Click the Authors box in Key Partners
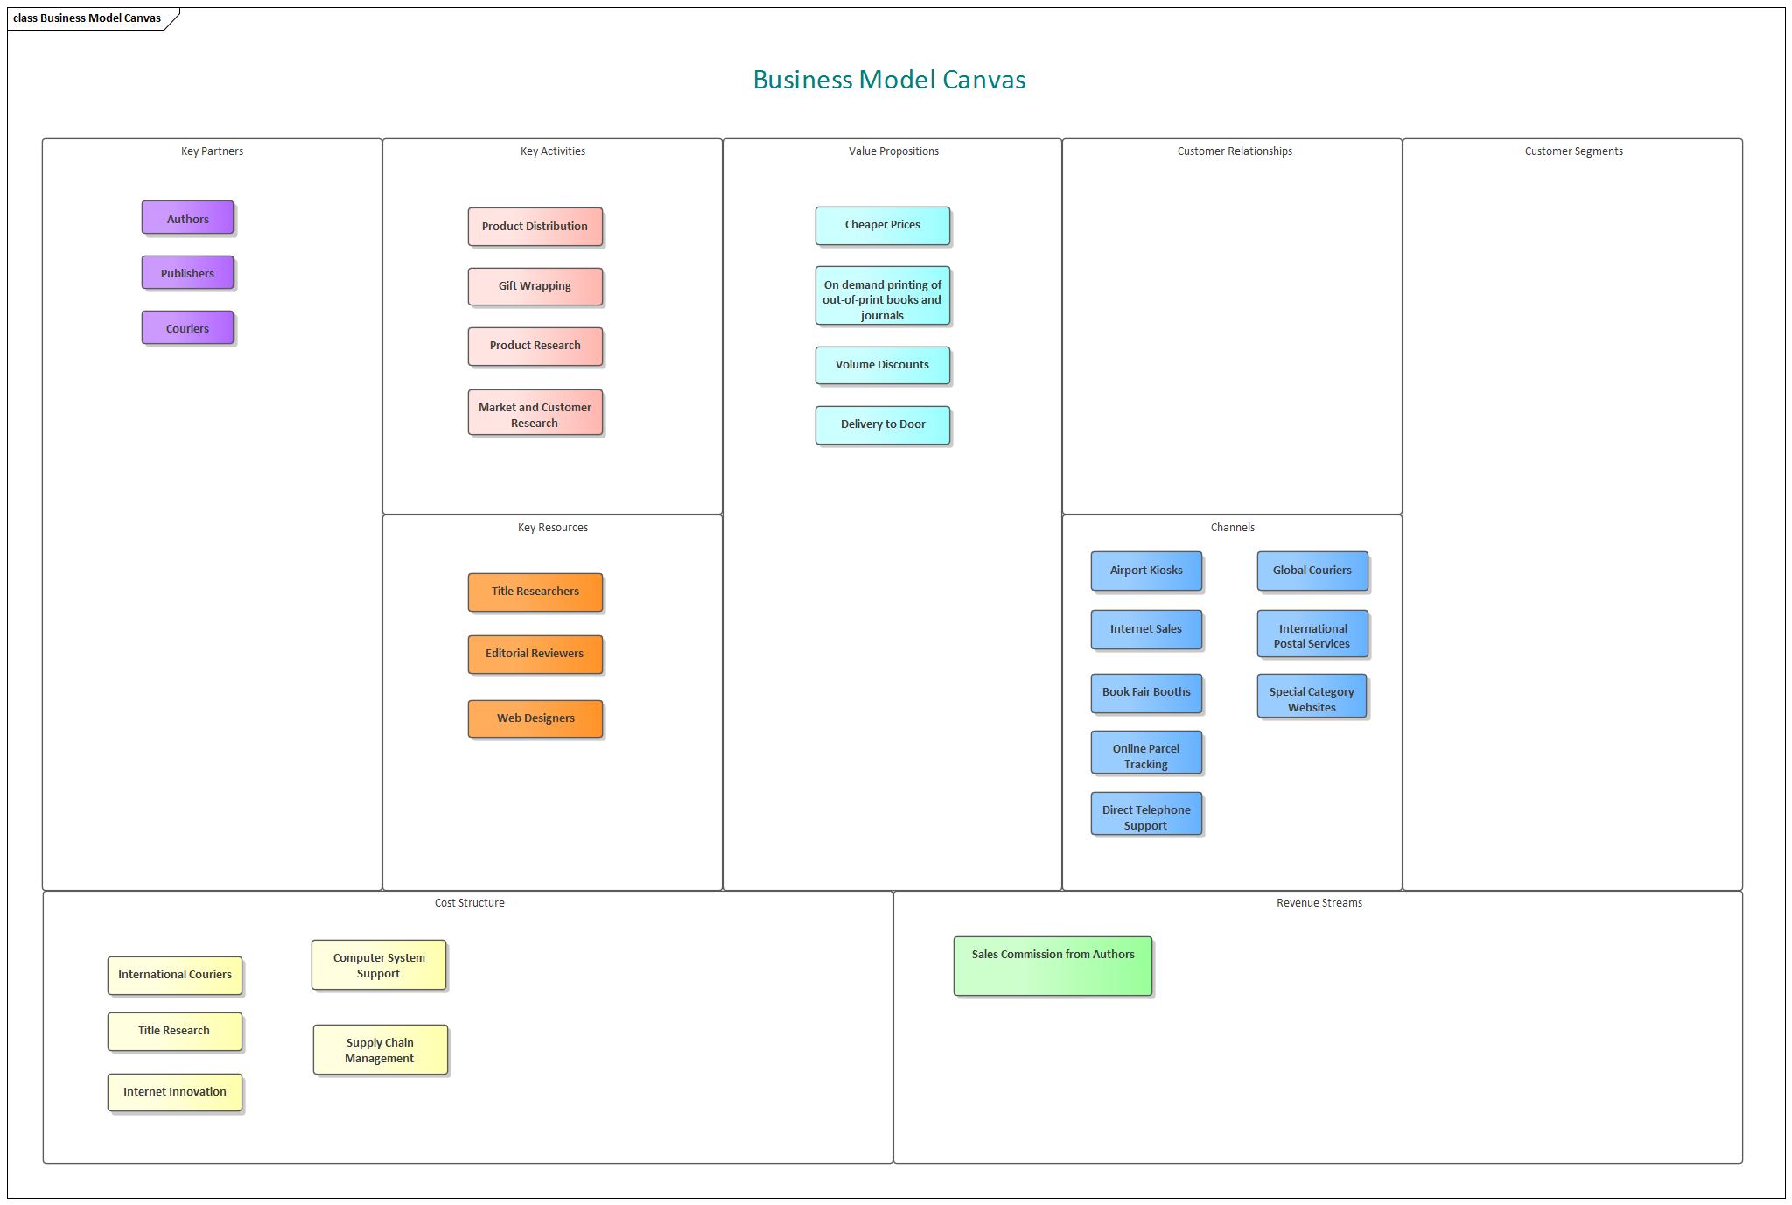coord(187,218)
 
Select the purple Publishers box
coord(187,273)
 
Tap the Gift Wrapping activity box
coord(535,286)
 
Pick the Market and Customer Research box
coord(535,414)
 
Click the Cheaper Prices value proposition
coord(882,225)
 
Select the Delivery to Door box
coord(882,424)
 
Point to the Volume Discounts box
coord(882,365)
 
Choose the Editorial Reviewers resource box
coord(535,654)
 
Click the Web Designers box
coord(535,718)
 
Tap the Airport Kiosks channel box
coord(1146,571)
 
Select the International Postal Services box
coord(1312,635)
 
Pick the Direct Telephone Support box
coord(1146,816)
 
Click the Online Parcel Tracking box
coord(1146,755)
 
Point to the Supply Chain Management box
coord(380,1050)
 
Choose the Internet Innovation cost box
coord(175,1092)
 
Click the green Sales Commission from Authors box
coord(1053,965)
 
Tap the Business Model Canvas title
coord(889,80)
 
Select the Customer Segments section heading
coord(1573,151)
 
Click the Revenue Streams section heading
coord(1319,903)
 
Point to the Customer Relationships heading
coord(1234,151)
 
